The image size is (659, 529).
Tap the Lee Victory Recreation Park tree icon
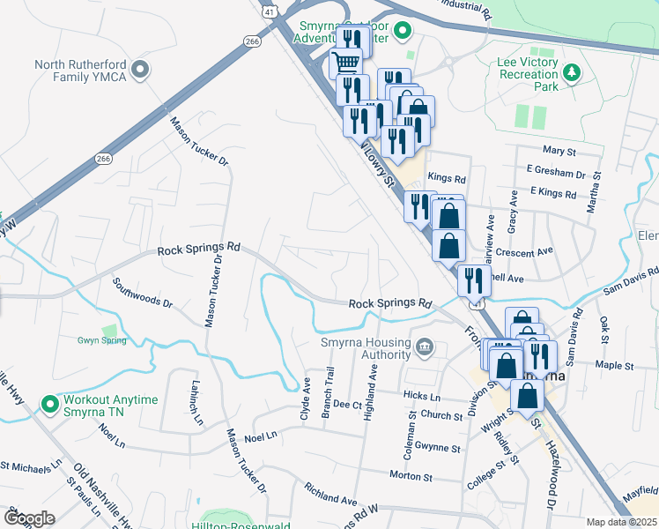click(x=571, y=71)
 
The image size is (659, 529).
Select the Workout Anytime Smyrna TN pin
click(x=49, y=406)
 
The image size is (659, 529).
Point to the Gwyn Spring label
click(x=101, y=340)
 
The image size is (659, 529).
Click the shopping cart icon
click(x=345, y=63)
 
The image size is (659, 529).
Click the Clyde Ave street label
click(x=306, y=399)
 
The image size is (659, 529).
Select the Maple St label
click(x=614, y=365)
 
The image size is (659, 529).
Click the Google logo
click(x=29, y=518)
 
